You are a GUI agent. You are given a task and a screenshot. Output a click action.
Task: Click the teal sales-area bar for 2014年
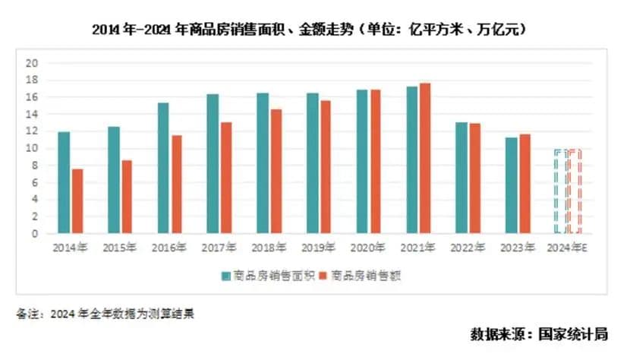64,183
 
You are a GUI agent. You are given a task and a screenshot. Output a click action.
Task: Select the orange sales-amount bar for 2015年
126,197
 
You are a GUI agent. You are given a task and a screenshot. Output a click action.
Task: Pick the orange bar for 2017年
225,178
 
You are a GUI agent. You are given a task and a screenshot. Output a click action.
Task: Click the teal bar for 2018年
263,163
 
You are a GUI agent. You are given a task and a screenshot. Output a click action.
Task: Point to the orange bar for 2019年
325,167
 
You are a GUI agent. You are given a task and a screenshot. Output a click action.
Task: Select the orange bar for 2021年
425,159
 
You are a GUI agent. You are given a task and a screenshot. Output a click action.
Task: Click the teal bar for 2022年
461,178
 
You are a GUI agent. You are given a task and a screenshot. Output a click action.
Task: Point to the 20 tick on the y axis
32,63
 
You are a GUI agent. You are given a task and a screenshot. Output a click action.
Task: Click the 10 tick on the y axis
32,148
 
